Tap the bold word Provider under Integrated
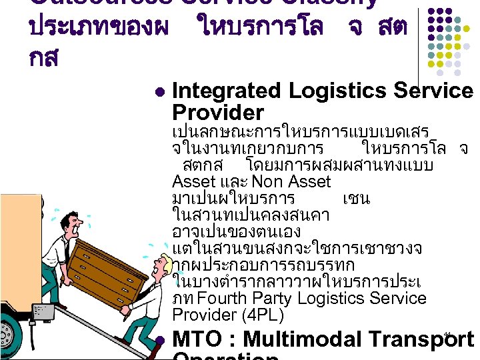pos(217,112)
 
